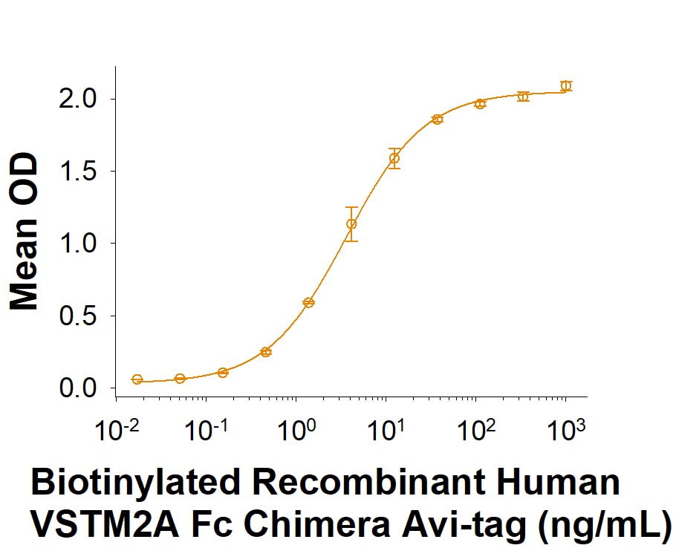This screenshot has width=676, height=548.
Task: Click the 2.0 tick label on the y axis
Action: point(77,100)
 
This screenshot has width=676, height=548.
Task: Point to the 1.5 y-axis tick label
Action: point(77,172)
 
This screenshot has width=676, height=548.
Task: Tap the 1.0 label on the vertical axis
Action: point(77,244)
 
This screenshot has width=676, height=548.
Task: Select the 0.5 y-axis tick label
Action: point(77,316)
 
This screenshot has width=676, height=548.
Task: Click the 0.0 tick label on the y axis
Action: point(77,388)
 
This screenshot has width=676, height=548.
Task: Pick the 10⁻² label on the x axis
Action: point(116,429)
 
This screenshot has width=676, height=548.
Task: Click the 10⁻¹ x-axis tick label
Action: point(206,429)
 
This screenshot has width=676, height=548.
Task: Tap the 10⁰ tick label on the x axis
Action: point(297,429)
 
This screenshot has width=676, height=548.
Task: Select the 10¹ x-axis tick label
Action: point(386,429)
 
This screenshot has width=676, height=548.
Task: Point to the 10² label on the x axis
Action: point(477,429)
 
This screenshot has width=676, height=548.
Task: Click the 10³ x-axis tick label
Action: point(567,429)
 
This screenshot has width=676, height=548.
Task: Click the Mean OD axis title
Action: point(24,232)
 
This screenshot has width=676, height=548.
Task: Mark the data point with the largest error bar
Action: point(351,224)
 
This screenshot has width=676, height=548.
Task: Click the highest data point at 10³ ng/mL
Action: point(565,85)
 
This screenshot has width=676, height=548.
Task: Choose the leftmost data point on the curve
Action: point(137,379)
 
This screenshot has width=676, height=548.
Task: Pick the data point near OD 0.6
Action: point(308,302)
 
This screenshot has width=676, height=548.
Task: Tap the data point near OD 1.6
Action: point(394,158)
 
